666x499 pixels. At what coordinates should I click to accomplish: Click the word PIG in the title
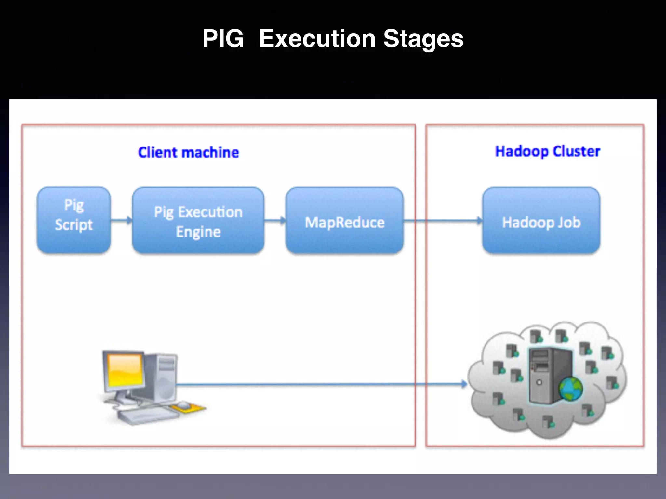[223, 39]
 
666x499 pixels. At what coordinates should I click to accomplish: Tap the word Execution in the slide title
[317, 39]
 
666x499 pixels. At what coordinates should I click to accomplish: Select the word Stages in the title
[423, 39]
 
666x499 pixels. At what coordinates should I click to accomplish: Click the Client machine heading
[188, 152]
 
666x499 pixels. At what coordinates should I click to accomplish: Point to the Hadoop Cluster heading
[547, 151]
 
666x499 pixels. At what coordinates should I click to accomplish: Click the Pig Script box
[74, 220]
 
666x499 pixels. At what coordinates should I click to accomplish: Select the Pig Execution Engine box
[198, 220]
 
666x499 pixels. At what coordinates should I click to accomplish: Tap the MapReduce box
[344, 221]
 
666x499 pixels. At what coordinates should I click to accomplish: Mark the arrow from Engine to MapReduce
[275, 221]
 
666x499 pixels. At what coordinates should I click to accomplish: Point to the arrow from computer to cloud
[320, 384]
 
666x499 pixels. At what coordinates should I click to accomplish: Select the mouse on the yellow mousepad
[183, 404]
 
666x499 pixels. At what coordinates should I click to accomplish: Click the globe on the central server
[571, 389]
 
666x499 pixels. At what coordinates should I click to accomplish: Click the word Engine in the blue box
[198, 232]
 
